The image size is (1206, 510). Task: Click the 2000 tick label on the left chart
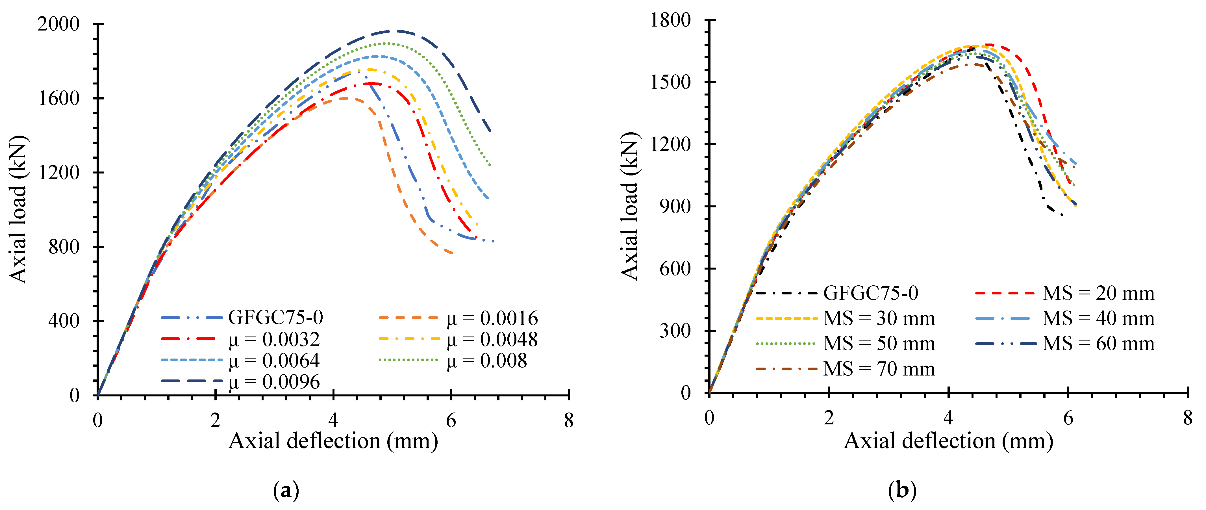(58, 24)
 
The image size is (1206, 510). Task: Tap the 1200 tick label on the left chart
(58, 172)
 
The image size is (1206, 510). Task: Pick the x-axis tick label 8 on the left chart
(569, 420)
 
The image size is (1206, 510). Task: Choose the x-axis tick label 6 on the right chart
(1068, 418)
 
